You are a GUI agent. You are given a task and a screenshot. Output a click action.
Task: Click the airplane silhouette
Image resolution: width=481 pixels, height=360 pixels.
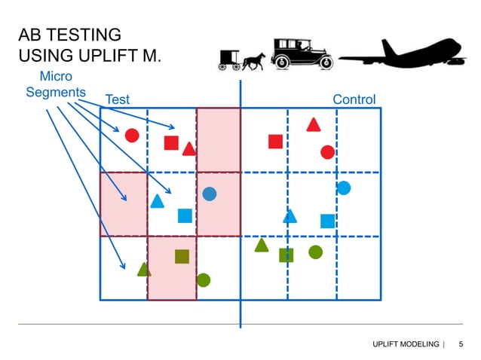(407, 56)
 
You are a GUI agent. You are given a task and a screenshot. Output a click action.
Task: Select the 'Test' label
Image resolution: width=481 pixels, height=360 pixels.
(118, 99)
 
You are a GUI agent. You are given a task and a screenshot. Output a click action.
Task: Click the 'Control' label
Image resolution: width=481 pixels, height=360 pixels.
(354, 99)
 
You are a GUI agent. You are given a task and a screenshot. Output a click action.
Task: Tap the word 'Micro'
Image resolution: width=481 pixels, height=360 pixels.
(55, 77)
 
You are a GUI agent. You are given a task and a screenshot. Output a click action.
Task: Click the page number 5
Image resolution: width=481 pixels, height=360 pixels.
(461, 344)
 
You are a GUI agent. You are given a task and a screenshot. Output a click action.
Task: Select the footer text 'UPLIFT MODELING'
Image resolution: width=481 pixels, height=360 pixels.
(406, 344)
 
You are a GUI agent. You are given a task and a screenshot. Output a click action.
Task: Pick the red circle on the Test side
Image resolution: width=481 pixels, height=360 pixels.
(131, 136)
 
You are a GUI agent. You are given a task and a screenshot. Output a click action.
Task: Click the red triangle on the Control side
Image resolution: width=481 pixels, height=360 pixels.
(314, 125)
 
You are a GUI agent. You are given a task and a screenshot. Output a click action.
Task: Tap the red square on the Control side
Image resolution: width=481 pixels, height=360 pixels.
(275, 142)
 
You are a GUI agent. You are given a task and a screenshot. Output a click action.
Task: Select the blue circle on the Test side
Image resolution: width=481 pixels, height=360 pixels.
(210, 194)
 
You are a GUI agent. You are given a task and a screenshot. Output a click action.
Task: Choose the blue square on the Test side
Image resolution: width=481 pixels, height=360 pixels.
(185, 216)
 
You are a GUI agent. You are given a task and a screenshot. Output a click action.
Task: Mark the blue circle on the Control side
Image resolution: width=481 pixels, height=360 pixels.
(343, 188)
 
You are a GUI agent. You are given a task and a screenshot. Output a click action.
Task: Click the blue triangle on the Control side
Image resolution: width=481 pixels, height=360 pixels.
(290, 217)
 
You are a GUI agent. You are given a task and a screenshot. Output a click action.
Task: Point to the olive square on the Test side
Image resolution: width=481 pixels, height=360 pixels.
(182, 256)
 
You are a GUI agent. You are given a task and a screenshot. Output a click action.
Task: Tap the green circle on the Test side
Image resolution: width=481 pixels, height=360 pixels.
(203, 280)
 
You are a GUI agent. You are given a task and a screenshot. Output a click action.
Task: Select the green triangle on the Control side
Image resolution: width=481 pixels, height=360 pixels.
(262, 245)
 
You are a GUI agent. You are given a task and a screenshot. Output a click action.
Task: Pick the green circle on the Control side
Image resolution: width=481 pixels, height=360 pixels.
(315, 252)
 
